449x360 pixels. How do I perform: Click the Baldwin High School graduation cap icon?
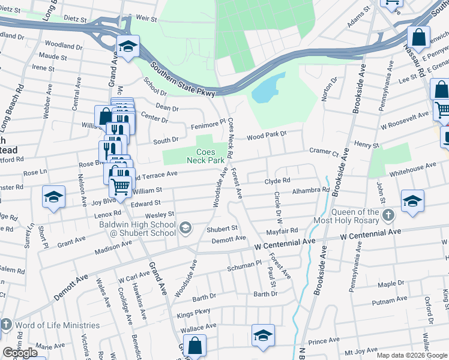pos(186,227)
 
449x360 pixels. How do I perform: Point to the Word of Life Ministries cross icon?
pos(6,325)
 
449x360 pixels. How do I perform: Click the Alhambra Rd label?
pos(310,190)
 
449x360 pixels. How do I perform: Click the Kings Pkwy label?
pos(193,314)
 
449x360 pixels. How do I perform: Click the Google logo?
pos(20,353)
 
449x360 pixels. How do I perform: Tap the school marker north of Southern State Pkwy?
pos(128,47)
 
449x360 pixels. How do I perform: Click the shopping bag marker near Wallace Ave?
pos(194,346)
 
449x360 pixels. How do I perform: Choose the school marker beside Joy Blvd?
pos(53,198)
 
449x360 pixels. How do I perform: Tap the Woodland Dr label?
pos(63,46)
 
